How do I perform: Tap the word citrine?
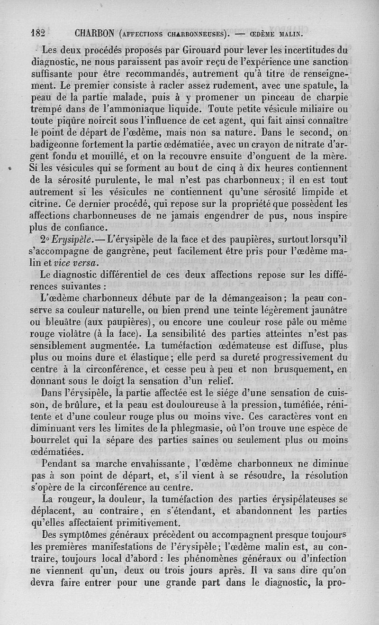point(46,204)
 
